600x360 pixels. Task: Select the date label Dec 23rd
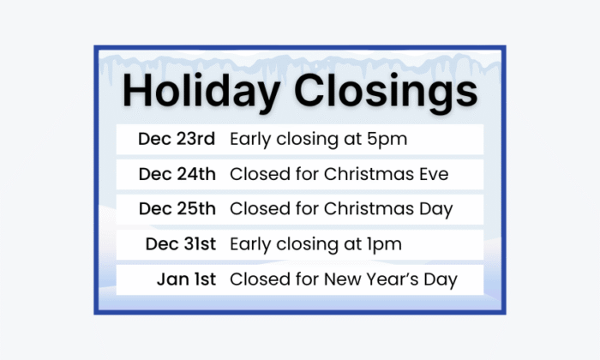pos(177,139)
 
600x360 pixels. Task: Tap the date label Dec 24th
pos(177,174)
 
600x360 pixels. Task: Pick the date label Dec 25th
pos(177,209)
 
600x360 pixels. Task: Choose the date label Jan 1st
pos(186,279)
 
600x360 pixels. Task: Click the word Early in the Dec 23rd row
pos(250,139)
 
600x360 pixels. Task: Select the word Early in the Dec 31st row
pos(250,244)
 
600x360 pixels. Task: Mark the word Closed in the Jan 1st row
pos(256,279)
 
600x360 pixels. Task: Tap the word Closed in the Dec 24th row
pos(256,174)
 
